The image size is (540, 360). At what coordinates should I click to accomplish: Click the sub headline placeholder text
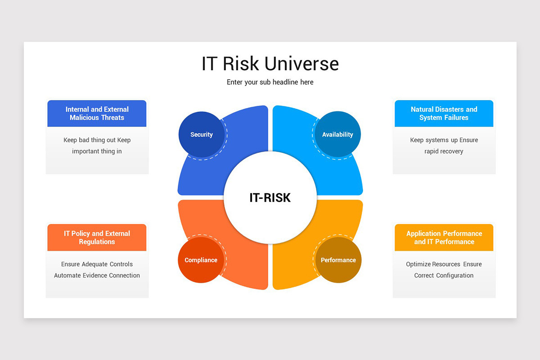(x=270, y=82)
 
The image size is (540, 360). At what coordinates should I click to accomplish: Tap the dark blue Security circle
(x=202, y=134)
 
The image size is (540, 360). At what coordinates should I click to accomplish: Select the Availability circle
(x=337, y=134)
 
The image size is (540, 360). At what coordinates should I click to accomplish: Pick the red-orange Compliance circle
(x=201, y=260)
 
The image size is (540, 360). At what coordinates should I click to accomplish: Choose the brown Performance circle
(x=338, y=260)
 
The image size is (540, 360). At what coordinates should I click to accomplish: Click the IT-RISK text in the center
(x=270, y=198)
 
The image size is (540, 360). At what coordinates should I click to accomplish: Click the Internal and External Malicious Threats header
(x=97, y=113)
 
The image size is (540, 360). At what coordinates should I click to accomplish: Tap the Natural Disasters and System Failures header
(x=444, y=113)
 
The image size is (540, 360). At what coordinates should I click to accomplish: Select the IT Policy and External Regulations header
(x=97, y=238)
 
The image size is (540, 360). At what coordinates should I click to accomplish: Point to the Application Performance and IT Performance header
(x=444, y=238)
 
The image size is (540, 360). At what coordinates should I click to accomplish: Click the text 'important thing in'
(x=97, y=151)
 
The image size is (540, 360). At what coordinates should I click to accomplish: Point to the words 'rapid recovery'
(x=444, y=151)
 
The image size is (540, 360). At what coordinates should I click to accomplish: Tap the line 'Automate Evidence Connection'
(x=97, y=275)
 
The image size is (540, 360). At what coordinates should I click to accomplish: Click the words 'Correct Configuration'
(x=444, y=275)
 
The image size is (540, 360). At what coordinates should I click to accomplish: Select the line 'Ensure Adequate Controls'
(x=97, y=264)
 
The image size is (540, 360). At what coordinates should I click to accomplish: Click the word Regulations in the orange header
(x=97, y=242)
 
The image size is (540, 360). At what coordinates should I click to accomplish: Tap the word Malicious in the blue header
(x=84, y=117)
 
